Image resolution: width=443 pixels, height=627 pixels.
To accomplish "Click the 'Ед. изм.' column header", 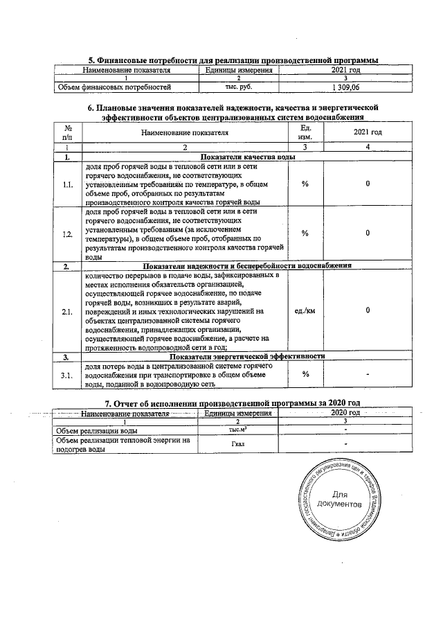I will [x=305, y=132].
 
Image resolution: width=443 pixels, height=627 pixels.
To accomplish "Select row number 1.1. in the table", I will [x=68, y=184].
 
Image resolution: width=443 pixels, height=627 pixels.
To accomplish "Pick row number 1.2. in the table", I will [x=68, y=233].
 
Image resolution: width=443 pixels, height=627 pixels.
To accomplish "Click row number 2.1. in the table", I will [x=68, y=311].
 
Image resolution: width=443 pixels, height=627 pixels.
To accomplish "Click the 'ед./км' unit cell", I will [x=305, y=311].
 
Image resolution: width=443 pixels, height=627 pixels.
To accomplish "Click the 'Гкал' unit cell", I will [x=237, y=444].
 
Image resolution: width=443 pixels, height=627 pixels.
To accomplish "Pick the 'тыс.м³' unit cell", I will [x=237, y=430].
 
